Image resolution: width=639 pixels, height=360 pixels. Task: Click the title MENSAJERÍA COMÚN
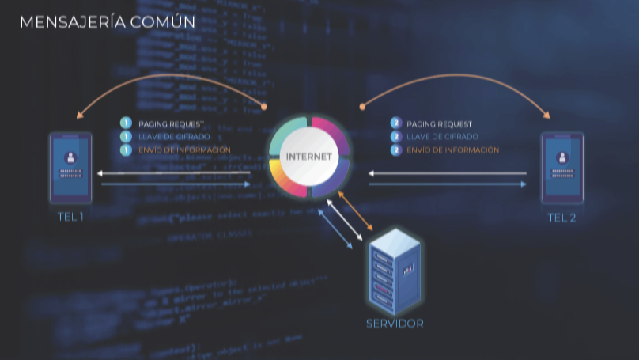107,22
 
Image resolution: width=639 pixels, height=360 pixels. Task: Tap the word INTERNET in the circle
308,156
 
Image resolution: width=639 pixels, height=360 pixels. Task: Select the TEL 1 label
70,217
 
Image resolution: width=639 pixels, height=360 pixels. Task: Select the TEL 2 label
561,218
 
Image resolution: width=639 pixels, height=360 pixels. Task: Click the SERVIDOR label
395,324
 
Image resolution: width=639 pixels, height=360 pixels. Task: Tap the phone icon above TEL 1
70,168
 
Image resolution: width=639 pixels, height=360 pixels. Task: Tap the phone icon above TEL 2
561,168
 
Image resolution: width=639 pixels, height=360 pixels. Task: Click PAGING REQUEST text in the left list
171,124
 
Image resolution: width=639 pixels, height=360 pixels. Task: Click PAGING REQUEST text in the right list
439,124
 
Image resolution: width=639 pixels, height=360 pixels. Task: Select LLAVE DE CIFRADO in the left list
174,137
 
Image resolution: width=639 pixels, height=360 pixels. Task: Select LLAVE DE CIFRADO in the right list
442,137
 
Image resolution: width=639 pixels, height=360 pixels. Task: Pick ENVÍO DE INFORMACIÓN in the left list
184,150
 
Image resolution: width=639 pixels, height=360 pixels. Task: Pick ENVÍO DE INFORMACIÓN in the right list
452,150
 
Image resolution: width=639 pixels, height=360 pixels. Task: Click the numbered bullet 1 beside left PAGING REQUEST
125,123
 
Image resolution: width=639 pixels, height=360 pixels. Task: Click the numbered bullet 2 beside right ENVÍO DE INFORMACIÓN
396,150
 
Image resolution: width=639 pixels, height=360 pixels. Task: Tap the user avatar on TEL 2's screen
561,157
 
